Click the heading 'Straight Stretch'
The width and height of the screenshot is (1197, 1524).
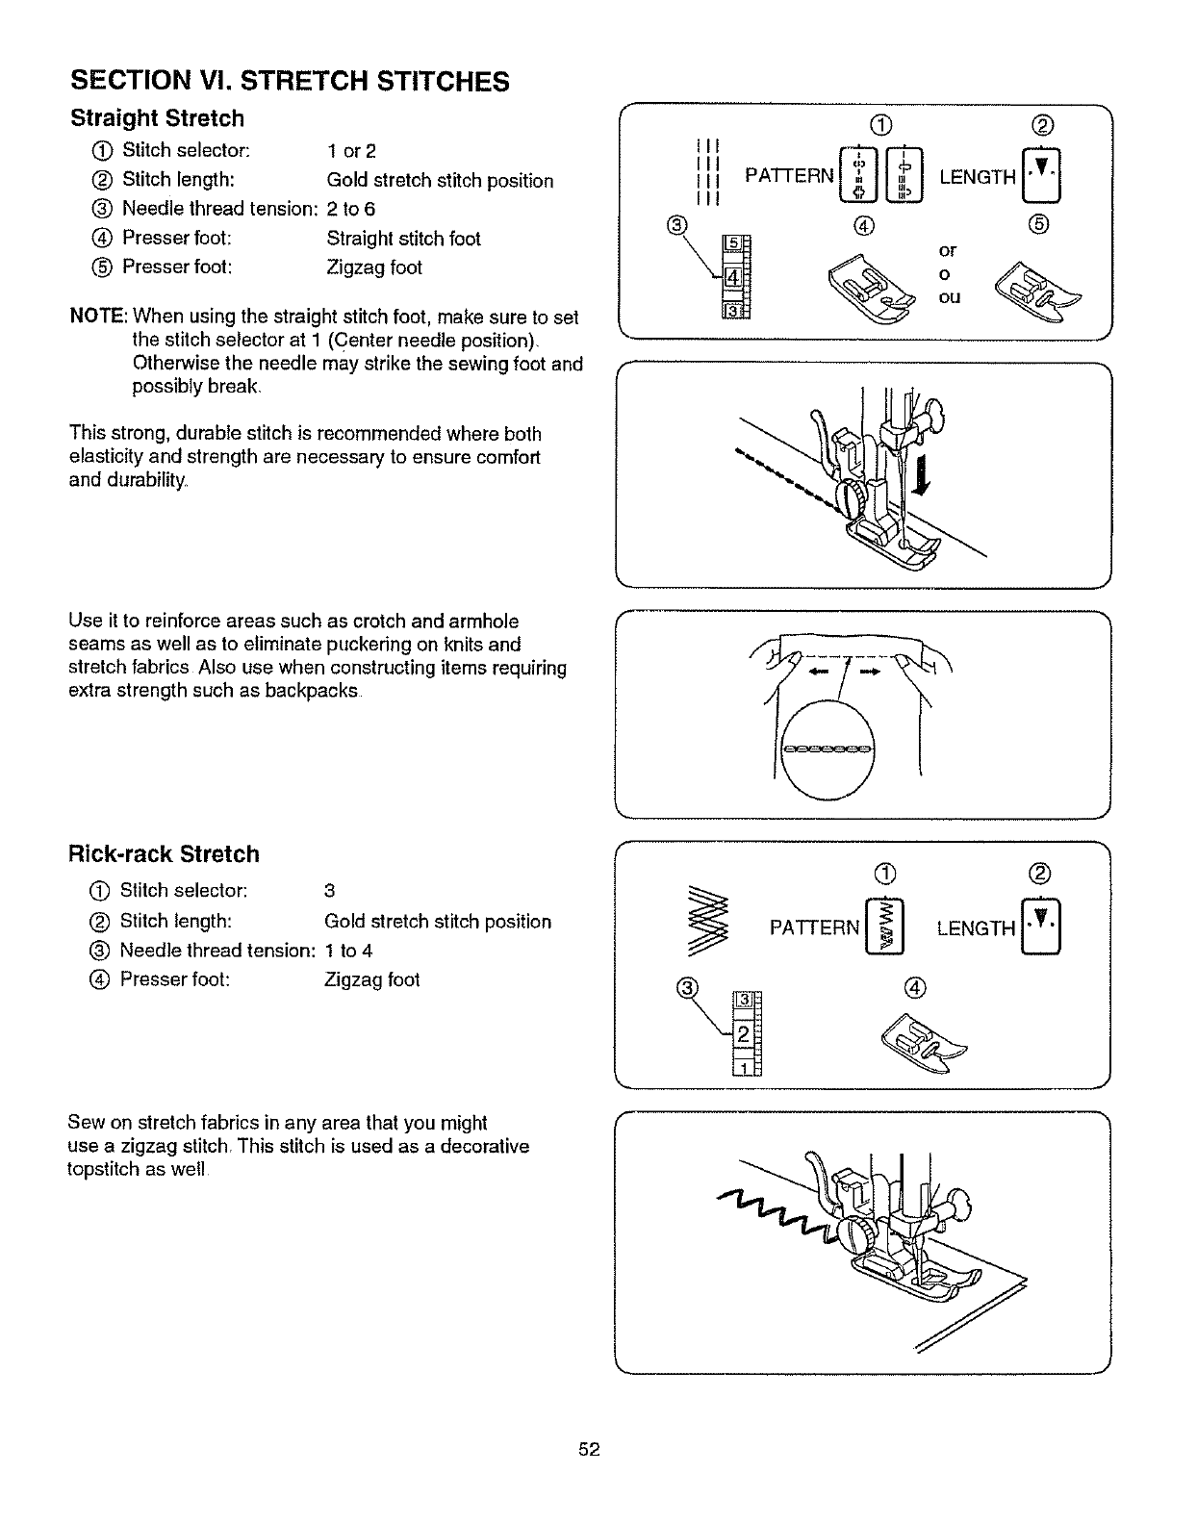click(157, 119)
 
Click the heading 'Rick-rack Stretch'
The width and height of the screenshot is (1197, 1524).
click(164, 854)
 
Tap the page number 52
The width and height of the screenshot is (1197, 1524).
click(590, 1450)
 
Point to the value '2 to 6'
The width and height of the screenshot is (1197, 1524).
click(351, 209)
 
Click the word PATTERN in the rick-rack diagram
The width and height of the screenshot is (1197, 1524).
click(814, 928)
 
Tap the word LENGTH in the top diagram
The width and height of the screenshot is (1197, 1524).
click(978, 178)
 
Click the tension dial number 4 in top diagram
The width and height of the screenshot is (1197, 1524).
click(730, 278)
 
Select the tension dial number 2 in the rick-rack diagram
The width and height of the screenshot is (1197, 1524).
click(743, 1034)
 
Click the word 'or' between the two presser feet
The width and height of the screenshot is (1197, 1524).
click(948, 251)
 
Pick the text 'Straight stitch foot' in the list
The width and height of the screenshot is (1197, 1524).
click(403, 239)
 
